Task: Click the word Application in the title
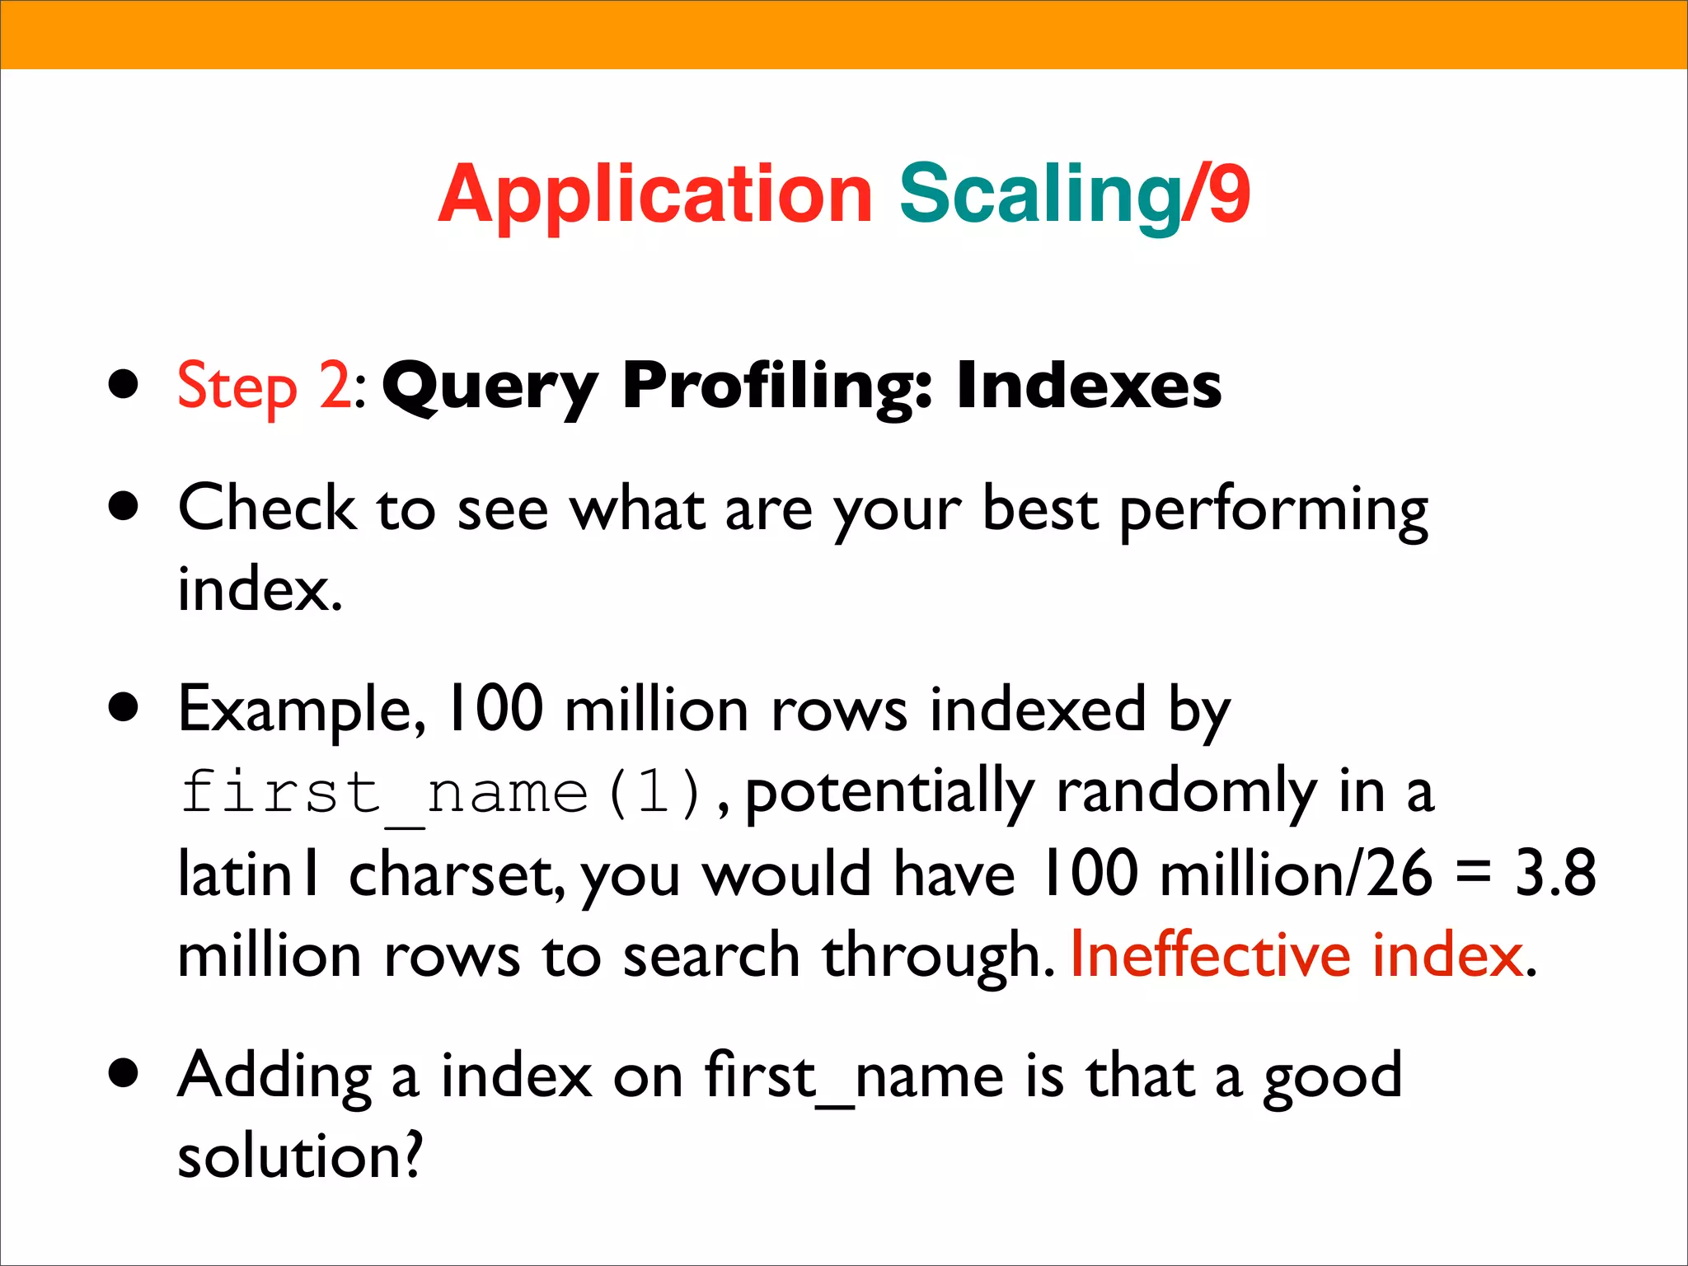point(654,195)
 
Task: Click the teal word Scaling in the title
point(1040,195)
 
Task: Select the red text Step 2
point(265,386)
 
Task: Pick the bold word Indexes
point(1089,385)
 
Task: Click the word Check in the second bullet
point(266,508)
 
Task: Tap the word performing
point(1273,511)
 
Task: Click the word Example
point(302,710)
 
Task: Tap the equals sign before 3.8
point(1473,874)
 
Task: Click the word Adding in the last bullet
point(274,1076)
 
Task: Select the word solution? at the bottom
point(300,1156)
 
